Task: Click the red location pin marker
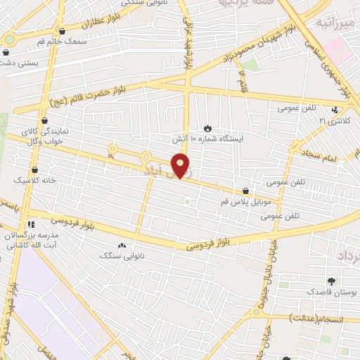[181, 166]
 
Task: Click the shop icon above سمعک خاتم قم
[65, 30]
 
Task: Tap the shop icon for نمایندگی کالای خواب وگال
[45, 121]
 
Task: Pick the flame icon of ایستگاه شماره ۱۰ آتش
[207, 127]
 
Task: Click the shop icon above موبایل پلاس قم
[245, 190]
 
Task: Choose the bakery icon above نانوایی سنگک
[122, 246]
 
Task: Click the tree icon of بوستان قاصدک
[331, 281]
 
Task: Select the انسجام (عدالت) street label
[323, 318]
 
